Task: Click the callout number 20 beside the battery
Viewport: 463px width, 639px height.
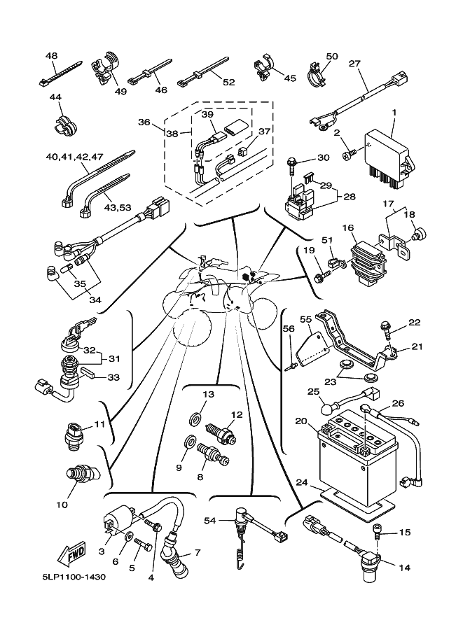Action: click(300, 421)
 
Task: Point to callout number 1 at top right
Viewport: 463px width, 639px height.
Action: click(394, 112)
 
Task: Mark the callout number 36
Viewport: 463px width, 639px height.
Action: click(144, 122)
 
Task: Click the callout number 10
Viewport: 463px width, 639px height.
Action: click(62, 503)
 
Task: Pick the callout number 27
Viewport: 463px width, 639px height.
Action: click(354, 63)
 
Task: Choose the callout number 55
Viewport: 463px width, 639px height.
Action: click(305, 318)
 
